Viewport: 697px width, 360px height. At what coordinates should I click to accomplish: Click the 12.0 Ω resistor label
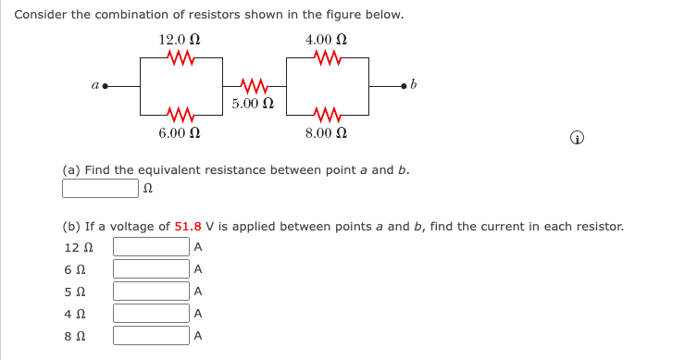pyautogui.click(x=180, y=40)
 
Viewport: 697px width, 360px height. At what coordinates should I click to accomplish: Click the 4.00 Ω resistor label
pyautogui.click(x=327, y=40)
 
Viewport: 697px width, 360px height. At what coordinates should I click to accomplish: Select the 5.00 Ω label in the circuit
pyautogui.click(x=253, y=103)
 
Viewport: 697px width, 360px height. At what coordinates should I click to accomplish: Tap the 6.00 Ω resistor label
pyautogui.click(x=180, y=132)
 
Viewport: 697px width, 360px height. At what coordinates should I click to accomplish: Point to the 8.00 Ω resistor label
pyautogui.click(x=327, y=132)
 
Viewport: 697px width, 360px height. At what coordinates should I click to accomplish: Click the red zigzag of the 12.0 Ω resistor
pyautogui.click(x=180, y=57)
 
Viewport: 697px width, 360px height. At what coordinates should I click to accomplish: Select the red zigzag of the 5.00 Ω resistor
pyautogui.click(x=253, y=86)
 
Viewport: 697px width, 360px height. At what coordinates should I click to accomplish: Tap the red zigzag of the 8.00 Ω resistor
pyautogui.click(x=328, y=115)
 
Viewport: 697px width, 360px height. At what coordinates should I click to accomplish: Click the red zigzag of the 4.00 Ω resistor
pyautogui.click(x=328, y=57)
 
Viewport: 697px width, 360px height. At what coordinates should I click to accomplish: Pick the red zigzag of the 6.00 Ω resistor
pyautogui.click(x=180, y=115)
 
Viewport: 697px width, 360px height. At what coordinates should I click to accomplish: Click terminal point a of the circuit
pyautogui.click(x=106, y=86)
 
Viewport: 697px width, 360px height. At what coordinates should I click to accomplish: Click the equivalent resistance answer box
pyautogui.click(x=101, y=189)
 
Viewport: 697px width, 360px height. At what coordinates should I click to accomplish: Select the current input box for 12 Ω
pyautogui.click(x=151, y=247)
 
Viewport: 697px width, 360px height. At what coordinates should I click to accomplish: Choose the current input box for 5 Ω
pyautogui.click(x=151, y=291)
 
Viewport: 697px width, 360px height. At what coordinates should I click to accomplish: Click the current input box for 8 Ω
pyautogui.click(x=151, y=335)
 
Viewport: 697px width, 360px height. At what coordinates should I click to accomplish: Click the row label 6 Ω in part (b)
pyautogui.click(x=75, y=269)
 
